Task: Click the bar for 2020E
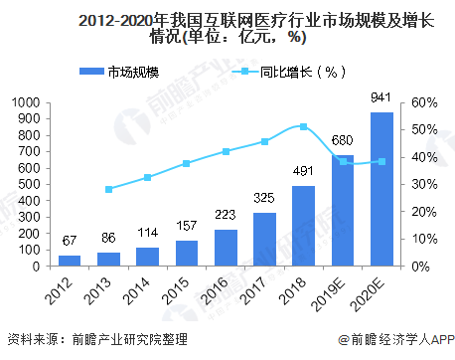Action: point(381,189)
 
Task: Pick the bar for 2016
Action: point(226,248)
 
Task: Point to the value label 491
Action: point(303,171)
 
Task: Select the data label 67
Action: point(69,242)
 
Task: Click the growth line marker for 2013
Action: point(108,189)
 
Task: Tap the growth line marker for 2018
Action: point(303,126)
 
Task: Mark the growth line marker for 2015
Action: point(186,163)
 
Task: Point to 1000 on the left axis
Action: point(26,102)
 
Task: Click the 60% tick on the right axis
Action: point(423,102)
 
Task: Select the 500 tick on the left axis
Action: point(30,184)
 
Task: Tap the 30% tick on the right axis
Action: point(423,184)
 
